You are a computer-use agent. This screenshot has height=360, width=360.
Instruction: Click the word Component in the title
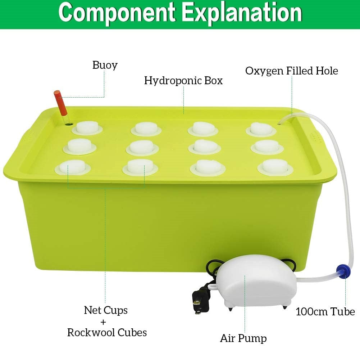(118, 13)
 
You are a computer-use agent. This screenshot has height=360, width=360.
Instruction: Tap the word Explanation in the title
(242, 13)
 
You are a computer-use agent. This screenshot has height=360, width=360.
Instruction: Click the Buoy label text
(105, 65)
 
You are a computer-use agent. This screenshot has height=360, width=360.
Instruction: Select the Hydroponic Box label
(183, 80)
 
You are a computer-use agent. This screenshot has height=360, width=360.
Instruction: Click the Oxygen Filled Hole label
(292, 71)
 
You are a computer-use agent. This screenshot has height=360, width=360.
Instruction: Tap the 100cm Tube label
(325, 311)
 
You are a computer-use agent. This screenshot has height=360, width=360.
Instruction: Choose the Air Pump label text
(243, 338)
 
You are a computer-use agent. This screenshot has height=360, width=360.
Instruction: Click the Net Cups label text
(106, 310)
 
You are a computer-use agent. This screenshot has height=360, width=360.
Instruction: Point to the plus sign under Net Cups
(106, 321)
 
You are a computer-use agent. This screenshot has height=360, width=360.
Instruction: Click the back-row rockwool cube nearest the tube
(260, 128)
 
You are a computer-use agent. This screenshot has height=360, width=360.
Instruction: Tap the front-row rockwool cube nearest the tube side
(275, 166)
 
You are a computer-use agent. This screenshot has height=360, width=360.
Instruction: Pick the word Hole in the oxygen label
(326, 71)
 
